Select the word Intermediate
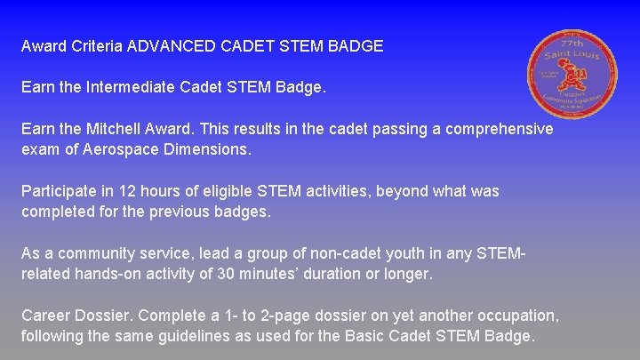pos(133,88)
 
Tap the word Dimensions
pos(207,150)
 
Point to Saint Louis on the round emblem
pos(572,57)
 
